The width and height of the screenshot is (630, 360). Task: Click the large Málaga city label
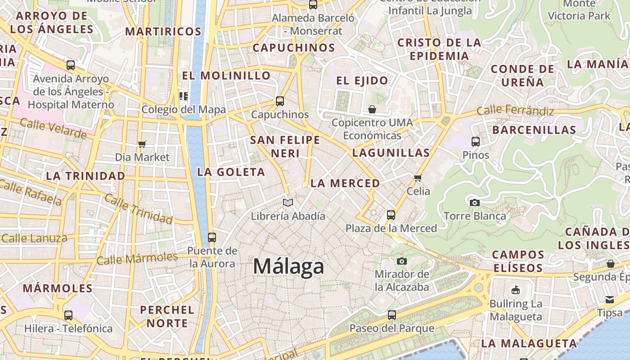click(x=288, y=266)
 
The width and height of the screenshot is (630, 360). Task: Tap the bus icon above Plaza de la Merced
click(x=391, y=215)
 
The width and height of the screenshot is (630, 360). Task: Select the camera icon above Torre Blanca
click(x=474, y=203)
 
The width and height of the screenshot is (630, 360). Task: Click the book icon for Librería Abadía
click(x=288, y=203)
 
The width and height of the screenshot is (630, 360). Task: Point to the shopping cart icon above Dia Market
click(x=142, y=144)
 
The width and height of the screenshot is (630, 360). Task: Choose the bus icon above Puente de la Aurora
click(x=212, y=237)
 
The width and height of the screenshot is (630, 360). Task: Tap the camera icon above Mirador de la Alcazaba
click(x=402, y=261)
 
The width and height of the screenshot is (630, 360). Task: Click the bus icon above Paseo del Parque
click(x=392, y=315)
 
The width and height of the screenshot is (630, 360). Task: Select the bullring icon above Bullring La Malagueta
click(x=516, y=290)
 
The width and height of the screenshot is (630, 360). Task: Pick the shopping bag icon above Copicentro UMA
click(x=372, y=109)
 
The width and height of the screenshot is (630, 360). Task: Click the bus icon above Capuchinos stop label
click(x=280, y=101)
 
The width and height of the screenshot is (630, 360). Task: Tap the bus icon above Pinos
click(x=476, y=142)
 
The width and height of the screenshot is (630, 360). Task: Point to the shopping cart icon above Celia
click(x=418, y=178)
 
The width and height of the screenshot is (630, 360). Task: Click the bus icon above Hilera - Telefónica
click(x=68, y=315)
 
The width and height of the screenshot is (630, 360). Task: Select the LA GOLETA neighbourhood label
click(x=231, y=172)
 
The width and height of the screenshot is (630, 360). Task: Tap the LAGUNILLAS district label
click(x=391, y=153)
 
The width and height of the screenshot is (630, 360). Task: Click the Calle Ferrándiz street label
click(x=515, y=110)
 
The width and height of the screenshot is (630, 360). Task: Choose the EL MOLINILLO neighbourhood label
click(x=226, y=75)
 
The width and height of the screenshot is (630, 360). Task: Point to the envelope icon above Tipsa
click(x=610, y=300)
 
